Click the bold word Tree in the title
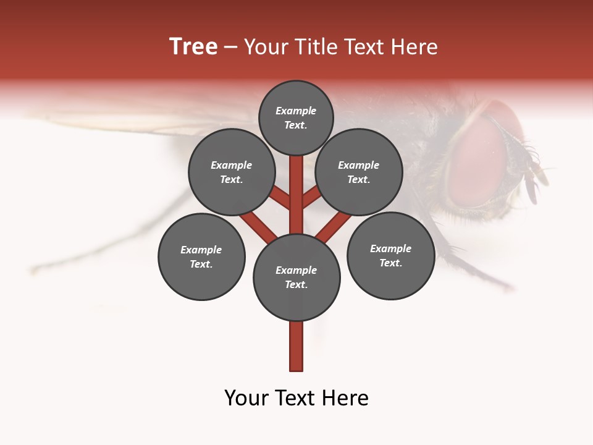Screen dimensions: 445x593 tap(193, 47)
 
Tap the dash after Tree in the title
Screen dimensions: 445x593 tap(230, 48)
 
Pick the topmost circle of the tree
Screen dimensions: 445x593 tap(296, 117)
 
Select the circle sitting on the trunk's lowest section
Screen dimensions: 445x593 tap(296, 278)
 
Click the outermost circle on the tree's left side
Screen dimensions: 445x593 tap(201, 256)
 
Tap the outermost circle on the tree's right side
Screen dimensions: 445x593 tap(390, 255)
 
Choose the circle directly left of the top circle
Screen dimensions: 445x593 tap(232, 172)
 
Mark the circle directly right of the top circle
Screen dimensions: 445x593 tap(359, 172)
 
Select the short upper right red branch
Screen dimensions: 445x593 tap(311, 198)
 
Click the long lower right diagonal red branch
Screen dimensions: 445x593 tap(334, 226)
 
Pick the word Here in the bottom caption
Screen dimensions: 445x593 tap(347, 398)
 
